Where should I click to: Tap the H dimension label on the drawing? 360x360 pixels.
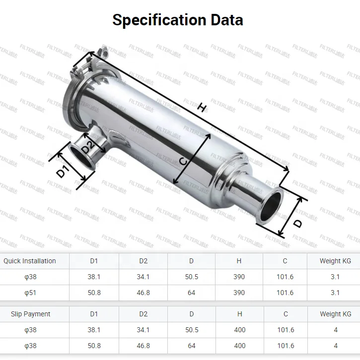201,107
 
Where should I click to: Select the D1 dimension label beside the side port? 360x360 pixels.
62,172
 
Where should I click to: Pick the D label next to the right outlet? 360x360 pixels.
297,223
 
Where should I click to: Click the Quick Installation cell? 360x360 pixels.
30,261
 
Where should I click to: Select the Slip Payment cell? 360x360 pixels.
31,314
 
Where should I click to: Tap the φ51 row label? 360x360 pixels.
31,293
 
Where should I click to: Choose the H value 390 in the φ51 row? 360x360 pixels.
239,293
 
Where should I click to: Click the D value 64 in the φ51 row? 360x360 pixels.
192,293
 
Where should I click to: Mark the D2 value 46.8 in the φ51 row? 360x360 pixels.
143,293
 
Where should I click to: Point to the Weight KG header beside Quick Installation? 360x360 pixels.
335,261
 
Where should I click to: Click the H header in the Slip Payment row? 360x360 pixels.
240,314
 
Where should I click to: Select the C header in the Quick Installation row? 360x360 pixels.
285,261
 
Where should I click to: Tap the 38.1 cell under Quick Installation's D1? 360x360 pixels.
94,277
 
